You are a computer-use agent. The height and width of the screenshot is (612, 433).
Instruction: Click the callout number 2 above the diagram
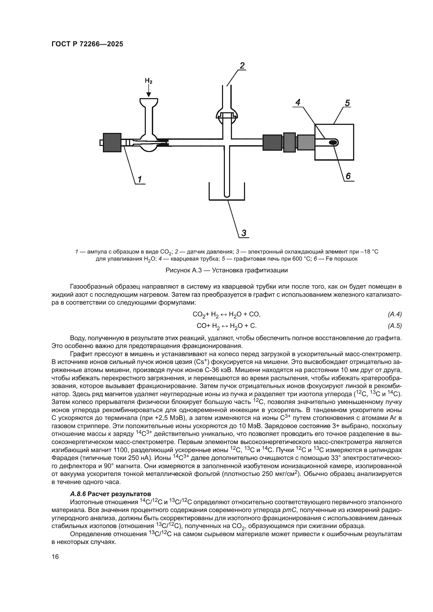click(x=242, y=66)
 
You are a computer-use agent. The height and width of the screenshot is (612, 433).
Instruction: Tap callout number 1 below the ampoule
click(x=140, y=179)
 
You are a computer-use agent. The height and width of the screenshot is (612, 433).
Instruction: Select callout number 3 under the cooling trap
click(x=244, y=233)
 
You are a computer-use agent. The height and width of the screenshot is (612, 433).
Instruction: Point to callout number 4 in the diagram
click(x=298, y=102)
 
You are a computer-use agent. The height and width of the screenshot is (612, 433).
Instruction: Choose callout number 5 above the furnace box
click(x=347, y=103)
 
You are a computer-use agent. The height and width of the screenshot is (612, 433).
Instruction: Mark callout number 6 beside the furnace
click(x=348, y=176)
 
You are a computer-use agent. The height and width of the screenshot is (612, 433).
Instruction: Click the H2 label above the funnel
click(x=148, y=81)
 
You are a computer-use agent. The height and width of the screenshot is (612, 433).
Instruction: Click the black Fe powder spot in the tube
click(x=333, y=142)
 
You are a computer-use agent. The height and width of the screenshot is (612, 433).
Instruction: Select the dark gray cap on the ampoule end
click(x=112, y=143)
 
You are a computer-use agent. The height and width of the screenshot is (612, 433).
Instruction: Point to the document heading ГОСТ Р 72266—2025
click(x=87, y=44)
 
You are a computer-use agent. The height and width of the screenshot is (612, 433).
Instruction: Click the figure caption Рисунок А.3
click(x=227, y=270)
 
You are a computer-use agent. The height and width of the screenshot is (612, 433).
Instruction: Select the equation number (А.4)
click(x=395, y=314)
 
